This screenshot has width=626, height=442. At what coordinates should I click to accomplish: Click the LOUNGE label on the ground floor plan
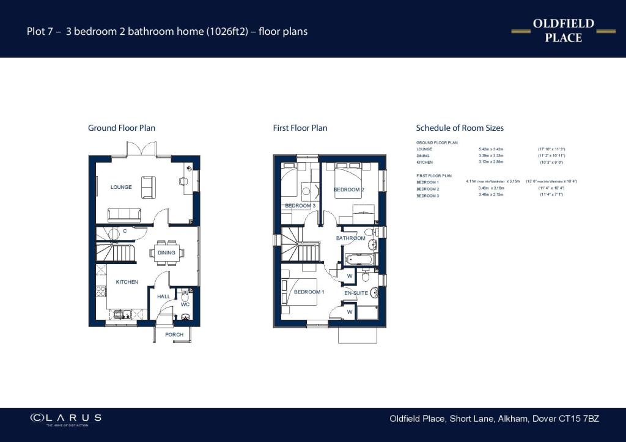121,187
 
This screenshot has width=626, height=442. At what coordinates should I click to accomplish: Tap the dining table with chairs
166,252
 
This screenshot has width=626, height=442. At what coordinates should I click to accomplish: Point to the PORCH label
174,335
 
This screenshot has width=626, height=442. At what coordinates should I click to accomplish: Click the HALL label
164,297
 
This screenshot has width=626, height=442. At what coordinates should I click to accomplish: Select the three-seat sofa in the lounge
124,214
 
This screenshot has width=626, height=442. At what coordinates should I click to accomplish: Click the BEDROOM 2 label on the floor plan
348,190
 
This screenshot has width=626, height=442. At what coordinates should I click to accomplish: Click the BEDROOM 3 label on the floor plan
300,206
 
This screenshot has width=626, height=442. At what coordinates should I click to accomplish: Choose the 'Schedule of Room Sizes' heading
460,128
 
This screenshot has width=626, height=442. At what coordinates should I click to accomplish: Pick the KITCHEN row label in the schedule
425,163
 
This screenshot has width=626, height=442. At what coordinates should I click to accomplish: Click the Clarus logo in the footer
66,418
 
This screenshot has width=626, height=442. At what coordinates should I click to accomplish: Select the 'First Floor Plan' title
300,128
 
